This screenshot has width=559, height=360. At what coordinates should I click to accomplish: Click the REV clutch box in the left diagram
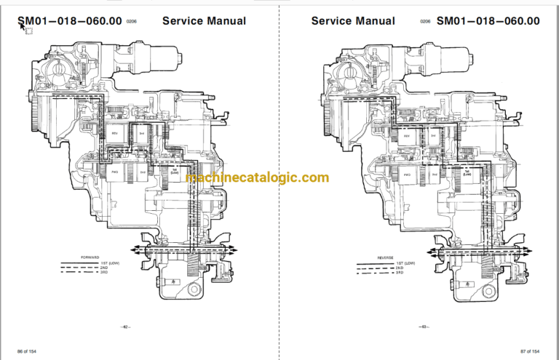(x=115, y=134)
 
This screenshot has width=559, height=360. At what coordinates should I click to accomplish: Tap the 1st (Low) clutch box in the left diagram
(x=174, y=172)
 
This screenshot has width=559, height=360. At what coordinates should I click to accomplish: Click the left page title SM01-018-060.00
(x=70, y=20)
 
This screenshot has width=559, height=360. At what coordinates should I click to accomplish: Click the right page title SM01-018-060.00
(x=488, y=20)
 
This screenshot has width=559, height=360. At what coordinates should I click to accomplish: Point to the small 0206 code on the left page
(x=132, y=23)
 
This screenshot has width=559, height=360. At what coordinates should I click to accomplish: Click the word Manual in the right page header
(x=376, y=20)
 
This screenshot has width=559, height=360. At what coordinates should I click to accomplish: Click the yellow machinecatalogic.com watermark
(x=258, y=178)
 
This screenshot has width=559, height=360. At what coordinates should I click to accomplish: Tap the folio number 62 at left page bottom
(x=125, y=327)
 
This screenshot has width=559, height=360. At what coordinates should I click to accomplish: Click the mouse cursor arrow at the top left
(x=22, y=28)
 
